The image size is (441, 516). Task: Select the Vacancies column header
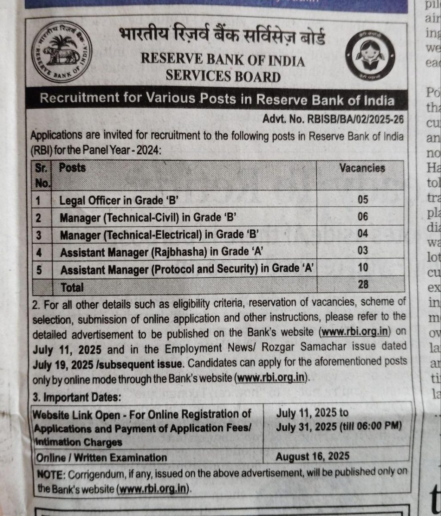tap(362, 168)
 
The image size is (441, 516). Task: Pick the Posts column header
tap(72, 168)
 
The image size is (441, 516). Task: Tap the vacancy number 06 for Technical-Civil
tap(362, 216)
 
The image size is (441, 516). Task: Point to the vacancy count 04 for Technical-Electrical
tap(362, 233)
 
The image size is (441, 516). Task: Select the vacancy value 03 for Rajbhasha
tap(363, 250)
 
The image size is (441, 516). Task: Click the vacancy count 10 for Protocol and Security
tap(363, 267)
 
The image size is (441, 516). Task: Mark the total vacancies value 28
tap(363, 284)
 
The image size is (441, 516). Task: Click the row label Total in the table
tap(72, 287)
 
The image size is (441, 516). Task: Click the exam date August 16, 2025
tap(312, 456)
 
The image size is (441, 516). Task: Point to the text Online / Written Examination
tap(101, 457)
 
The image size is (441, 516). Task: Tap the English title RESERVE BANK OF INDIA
tap(223, 61)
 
